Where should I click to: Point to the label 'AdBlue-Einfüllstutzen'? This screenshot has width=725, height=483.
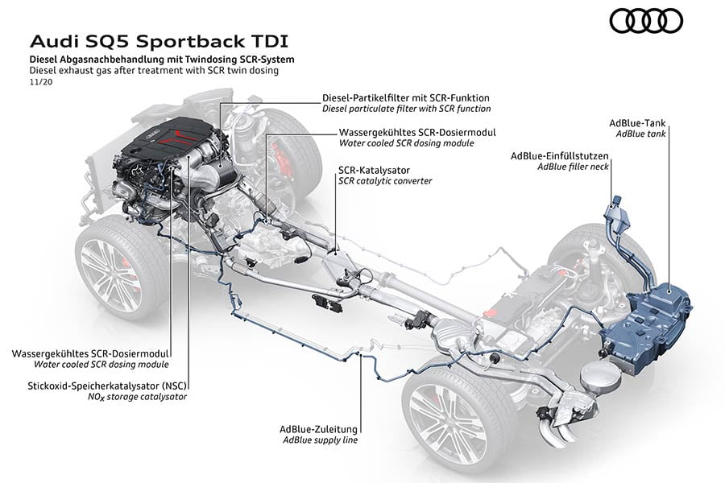(x=560, y=155)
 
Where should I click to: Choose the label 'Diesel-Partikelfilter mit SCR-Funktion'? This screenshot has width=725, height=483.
(x=405, y=97)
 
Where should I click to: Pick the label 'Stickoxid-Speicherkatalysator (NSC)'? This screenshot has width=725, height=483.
(x=101, y=386)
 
